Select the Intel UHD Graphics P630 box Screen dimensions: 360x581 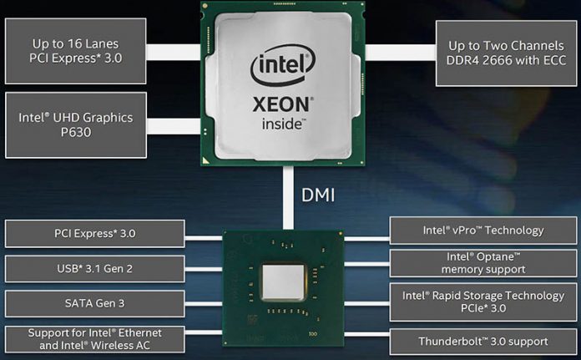click(x=76, y=124)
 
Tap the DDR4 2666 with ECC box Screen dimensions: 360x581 click(x=508, y=52)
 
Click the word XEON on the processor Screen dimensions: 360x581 click(x=285, y=108)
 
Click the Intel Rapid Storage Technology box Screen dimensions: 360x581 click(x=483, y=301)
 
